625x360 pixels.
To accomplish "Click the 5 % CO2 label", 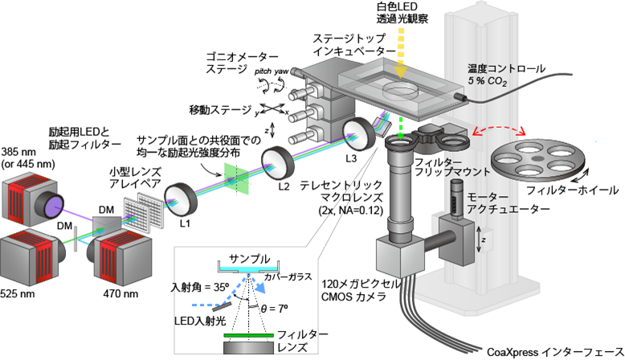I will point(488,81).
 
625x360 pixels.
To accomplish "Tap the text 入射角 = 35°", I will point(202,286).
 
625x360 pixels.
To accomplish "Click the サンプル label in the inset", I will point(249,259).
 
